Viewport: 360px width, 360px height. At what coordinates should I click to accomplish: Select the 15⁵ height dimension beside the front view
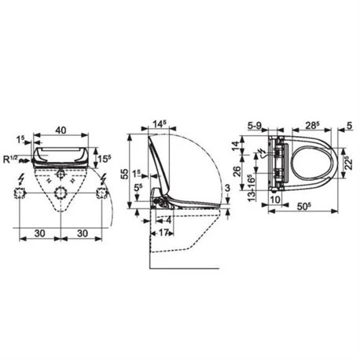tap(103, 160)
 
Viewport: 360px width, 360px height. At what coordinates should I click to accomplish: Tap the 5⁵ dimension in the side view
tap(138, 187)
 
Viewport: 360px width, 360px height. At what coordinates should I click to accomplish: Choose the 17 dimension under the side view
tap(164, 233)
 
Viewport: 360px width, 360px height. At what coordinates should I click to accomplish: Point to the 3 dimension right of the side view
tap(227, 187)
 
